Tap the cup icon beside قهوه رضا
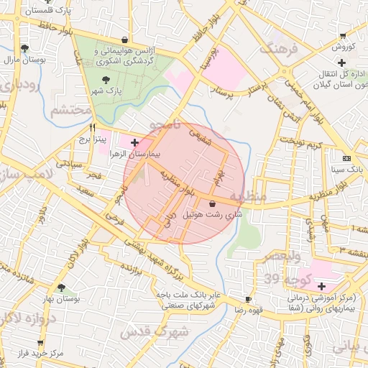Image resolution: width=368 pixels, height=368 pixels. click(x=248, y=299)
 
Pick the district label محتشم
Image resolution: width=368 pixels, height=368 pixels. click(x=71, y=111)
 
